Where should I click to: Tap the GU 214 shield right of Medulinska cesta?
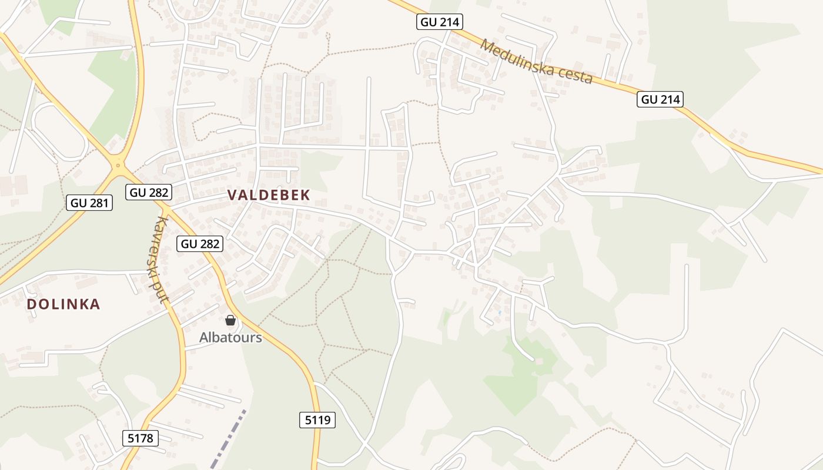coord(660,99)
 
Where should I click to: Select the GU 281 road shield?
coord(90,203)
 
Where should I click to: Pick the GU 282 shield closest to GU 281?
coord(149,192)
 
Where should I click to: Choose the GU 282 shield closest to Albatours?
coord(200,243)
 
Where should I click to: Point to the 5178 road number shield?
coord(140,437)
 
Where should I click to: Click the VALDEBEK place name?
coord(268,196)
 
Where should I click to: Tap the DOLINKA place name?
coord(63,304)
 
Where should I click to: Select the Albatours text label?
coord(230,337)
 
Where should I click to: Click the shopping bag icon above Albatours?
coord(230,320)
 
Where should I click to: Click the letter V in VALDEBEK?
coord(232,196)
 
